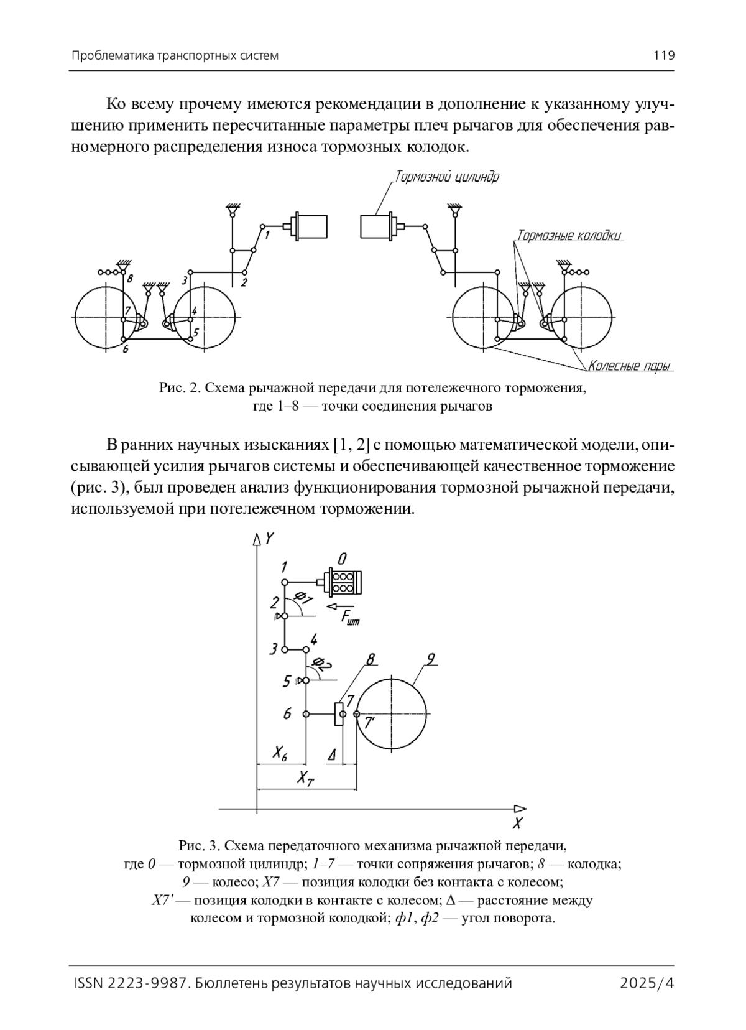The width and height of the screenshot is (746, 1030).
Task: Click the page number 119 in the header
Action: [663, 55]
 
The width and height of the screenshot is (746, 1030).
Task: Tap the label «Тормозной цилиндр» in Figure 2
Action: [447, 177]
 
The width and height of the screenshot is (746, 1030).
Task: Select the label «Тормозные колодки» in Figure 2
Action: [569, 236]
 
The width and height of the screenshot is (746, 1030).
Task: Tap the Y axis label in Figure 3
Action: [269, 539]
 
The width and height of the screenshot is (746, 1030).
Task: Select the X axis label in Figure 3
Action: [517, 824]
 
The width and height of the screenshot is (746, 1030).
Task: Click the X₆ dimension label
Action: [280, 754]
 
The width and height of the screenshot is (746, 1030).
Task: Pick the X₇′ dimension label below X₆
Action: [305, 777]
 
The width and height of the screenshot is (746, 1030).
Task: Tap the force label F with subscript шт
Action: [349, 618]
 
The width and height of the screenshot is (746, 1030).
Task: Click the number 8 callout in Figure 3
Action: [371, 659]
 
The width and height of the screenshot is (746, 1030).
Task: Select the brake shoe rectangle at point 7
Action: [339, 714]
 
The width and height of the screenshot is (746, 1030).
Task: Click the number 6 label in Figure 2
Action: [126, 350]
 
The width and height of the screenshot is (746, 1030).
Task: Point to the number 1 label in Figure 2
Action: [267, 234]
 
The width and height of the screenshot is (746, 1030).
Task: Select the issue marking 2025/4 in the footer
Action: [647, 983]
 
